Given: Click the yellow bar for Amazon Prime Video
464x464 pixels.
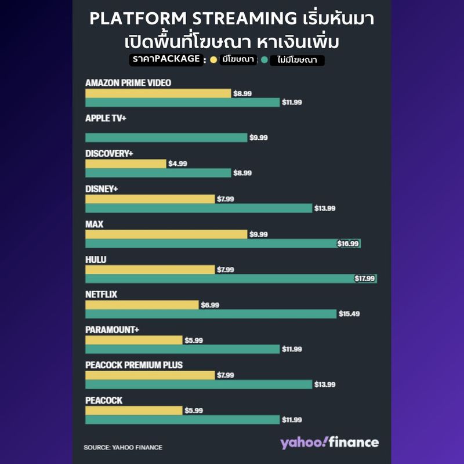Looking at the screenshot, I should coord(158,93).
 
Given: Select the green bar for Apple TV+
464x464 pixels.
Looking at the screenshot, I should coord(166,137).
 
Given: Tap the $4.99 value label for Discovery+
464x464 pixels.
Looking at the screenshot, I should coord(177,164).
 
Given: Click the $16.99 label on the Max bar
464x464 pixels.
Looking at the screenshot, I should coord(348,244).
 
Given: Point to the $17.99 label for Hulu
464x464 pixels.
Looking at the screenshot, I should coord(365,279).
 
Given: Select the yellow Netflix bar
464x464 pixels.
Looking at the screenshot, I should coord(142,304).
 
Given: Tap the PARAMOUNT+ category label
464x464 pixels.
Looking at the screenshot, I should coord(112,330).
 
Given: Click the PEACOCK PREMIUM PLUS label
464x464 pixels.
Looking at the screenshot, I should coord(134,365).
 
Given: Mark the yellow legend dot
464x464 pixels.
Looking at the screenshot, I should coord(213,60).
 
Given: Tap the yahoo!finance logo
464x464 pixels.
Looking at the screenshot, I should coord(329,443).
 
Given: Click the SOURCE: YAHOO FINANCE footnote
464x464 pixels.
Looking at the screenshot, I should coord(123,447).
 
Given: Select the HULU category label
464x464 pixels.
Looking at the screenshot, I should coord(96,259).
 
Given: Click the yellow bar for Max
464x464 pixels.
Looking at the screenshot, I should coord(166,234).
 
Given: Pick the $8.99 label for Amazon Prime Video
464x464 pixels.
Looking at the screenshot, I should coord(242,93).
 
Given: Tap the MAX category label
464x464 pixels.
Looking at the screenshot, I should coord(94,224).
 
